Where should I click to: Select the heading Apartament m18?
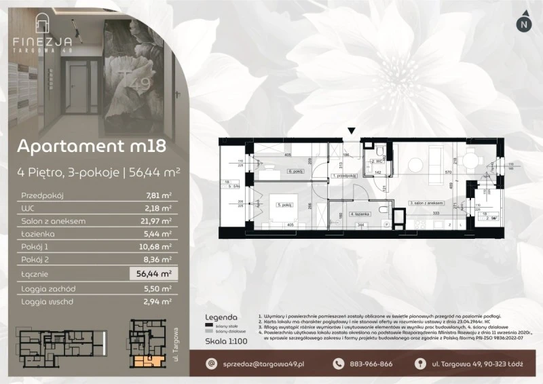91,147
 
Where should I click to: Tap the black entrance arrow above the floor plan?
351,132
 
